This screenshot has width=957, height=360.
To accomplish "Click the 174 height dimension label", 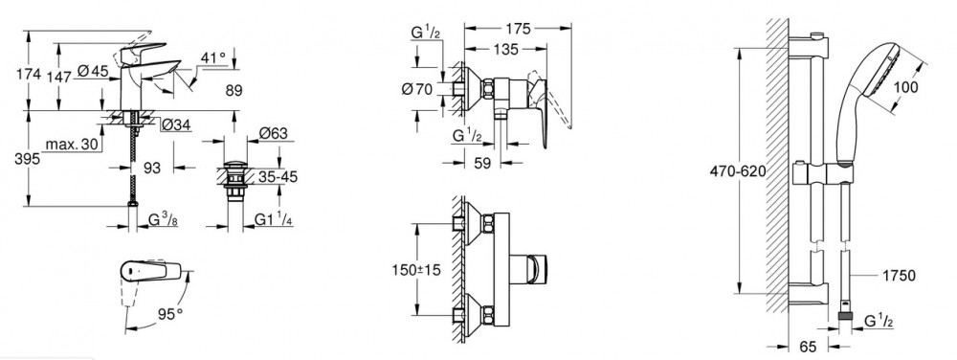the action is tap(29, 74).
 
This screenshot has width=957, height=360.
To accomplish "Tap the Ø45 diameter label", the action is tap(94, 72).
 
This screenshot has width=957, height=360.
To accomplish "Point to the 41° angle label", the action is tap(213, 57).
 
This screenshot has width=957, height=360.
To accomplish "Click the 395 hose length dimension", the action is tap(28, 159).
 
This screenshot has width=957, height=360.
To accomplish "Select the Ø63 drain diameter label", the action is tap(273, 133).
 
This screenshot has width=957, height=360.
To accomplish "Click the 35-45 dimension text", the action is tap(278, 177).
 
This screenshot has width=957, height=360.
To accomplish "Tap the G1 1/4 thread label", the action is tap(272, 218).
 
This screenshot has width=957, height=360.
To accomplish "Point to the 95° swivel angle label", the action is tap(170, 314).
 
